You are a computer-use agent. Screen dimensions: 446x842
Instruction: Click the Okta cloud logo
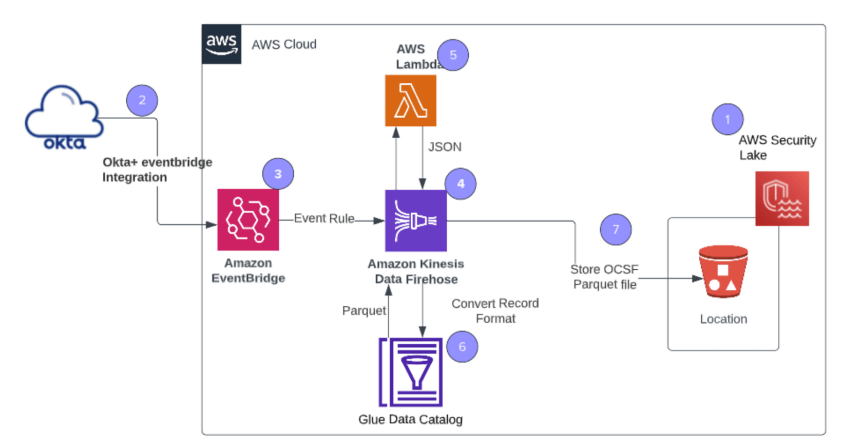64,118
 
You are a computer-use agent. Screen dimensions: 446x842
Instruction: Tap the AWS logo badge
221,44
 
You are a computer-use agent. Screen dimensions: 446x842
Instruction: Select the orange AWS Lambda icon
411,101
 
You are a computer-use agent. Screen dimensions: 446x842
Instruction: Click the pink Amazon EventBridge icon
248,220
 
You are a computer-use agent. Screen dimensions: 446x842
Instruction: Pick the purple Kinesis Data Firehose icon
416,221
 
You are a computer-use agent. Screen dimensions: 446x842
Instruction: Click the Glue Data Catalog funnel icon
411,372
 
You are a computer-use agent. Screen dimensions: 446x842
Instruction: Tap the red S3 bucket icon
723,272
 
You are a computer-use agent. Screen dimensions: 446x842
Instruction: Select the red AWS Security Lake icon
782,199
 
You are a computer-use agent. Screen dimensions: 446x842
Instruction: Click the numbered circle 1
728,120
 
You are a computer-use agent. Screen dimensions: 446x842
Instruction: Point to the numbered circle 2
142,100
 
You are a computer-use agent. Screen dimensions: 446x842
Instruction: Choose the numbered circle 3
278,174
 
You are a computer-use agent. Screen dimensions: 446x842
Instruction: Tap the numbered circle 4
461,183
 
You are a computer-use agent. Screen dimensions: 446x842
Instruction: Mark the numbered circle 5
453,55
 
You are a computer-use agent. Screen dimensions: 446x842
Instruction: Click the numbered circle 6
462,347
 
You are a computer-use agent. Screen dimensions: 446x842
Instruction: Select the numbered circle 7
616,230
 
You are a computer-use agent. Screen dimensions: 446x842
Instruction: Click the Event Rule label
324,219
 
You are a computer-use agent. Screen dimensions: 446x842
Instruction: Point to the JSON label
445,147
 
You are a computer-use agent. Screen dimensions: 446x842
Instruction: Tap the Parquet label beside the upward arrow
364,311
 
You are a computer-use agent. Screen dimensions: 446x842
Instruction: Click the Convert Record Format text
495,311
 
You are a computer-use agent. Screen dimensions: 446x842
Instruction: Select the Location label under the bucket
723,319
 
